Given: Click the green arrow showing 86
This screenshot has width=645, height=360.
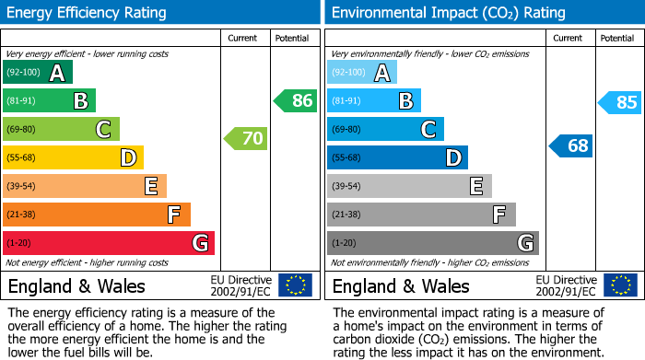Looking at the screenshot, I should coord(296,100).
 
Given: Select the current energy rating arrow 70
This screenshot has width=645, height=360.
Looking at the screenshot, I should coord(246,139).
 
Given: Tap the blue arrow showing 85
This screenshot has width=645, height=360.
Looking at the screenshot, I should coord(620,102).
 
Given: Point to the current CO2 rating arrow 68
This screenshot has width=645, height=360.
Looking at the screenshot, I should coord(571,145).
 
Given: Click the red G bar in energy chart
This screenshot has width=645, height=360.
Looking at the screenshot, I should coord(109,243).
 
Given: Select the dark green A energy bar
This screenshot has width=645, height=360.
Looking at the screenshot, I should coord(38,73).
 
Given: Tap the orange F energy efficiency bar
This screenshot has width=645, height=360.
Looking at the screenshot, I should coord(97,215).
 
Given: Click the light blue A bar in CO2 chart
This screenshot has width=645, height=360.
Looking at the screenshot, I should coord(362,73).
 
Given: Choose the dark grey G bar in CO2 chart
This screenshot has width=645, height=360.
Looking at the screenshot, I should coord(432,243).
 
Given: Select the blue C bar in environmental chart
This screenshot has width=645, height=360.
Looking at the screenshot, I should coord(385,129).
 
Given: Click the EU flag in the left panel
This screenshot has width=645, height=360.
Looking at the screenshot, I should coord(295,285).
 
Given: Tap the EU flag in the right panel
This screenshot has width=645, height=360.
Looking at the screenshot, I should coord(619,285).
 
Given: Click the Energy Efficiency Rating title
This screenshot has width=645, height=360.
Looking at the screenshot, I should coord(88,13).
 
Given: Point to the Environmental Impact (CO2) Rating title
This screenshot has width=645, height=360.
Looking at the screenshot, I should coord(448,13).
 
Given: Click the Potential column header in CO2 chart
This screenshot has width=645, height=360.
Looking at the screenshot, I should coord(616,38).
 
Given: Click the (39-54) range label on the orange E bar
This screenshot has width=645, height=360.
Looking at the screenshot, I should coord(22,187).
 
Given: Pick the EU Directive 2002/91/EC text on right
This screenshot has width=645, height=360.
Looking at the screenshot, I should coord(567,285).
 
